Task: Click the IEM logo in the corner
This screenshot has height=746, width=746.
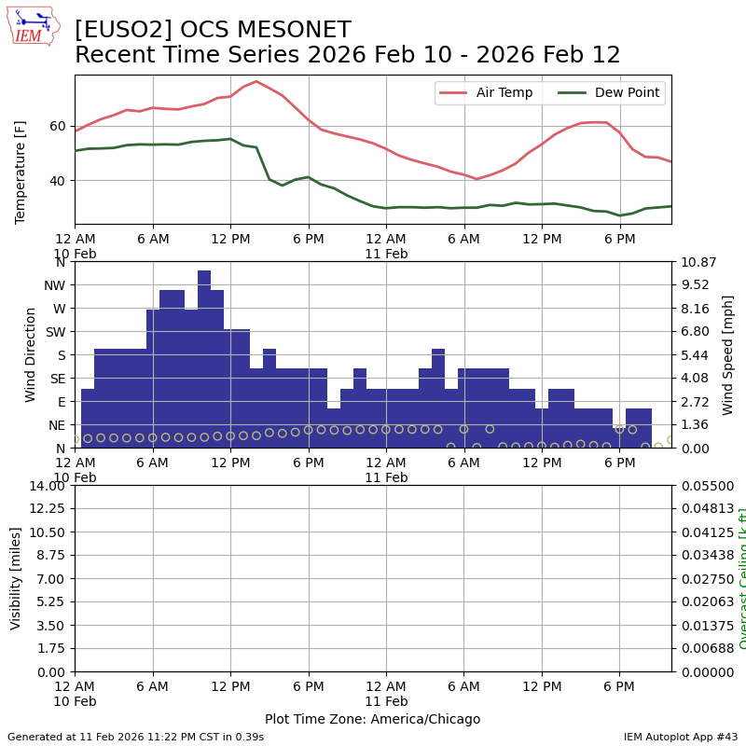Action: click(x=32, y=26)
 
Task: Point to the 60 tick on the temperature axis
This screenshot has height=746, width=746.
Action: click(x=58, y=126)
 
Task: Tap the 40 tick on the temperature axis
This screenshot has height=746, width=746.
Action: click(x=58, y=180)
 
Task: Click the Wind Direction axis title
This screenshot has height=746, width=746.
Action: click(x=31, y=354)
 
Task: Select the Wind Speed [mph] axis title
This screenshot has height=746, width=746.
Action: click(x=728, y=354)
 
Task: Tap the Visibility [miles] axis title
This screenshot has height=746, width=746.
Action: click(x=16, y=578)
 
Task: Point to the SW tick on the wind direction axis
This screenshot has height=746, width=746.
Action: click(x=56, y=331)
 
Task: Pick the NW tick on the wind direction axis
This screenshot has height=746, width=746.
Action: click(x=55, y=285)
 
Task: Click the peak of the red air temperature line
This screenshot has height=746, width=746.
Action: click(x=256, y=81)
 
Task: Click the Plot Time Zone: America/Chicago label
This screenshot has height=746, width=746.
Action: click(x=372, y=719)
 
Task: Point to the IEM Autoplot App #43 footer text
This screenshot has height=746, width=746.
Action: click(x=680, y=737)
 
